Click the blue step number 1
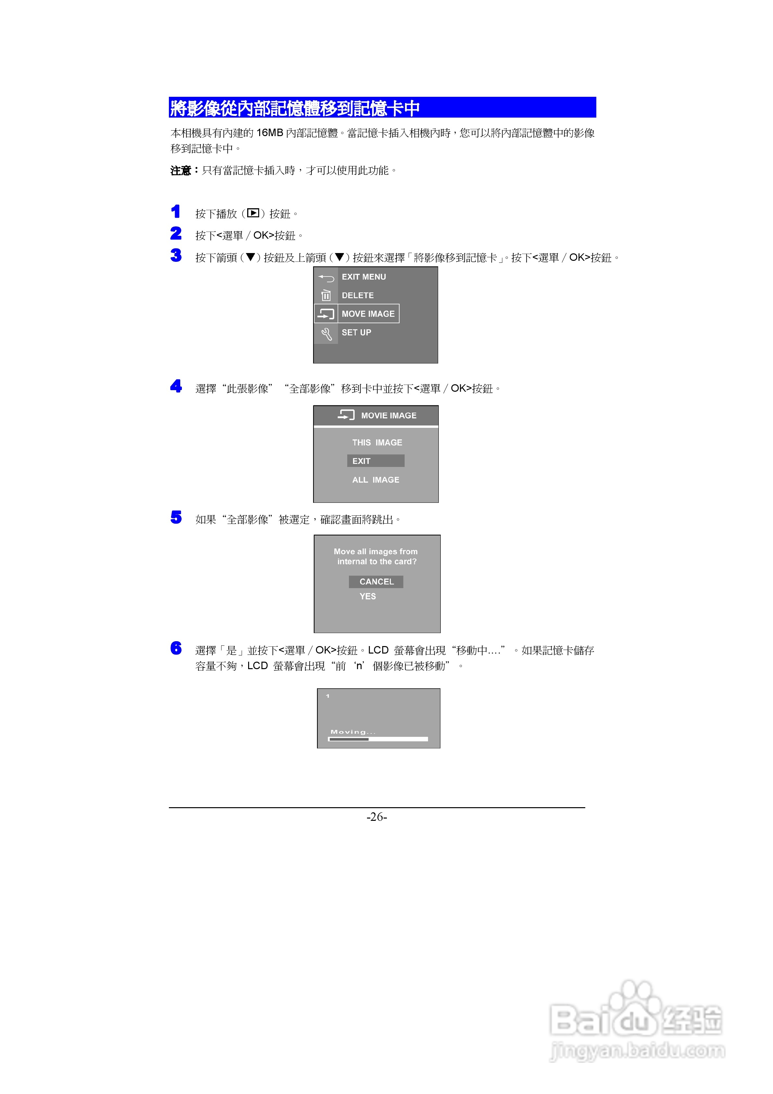point(175,211)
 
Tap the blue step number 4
point(176,386)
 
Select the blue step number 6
point(176,648)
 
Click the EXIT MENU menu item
point(364,277)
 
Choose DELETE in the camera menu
point(357,295)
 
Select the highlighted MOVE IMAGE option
point(368,314)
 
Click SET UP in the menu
point(356,333)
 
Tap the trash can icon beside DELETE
point(326,295)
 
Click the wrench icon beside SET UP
point(326,334)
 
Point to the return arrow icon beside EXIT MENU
point(326,277)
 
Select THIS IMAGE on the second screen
point(377,443)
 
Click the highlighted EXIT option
point(375,461)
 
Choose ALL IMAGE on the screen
point(375,480)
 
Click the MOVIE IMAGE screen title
point(388,415)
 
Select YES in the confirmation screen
point(367,597)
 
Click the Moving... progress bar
point(377,739)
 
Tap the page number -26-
point(376,817)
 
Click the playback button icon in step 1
point(253,213)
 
